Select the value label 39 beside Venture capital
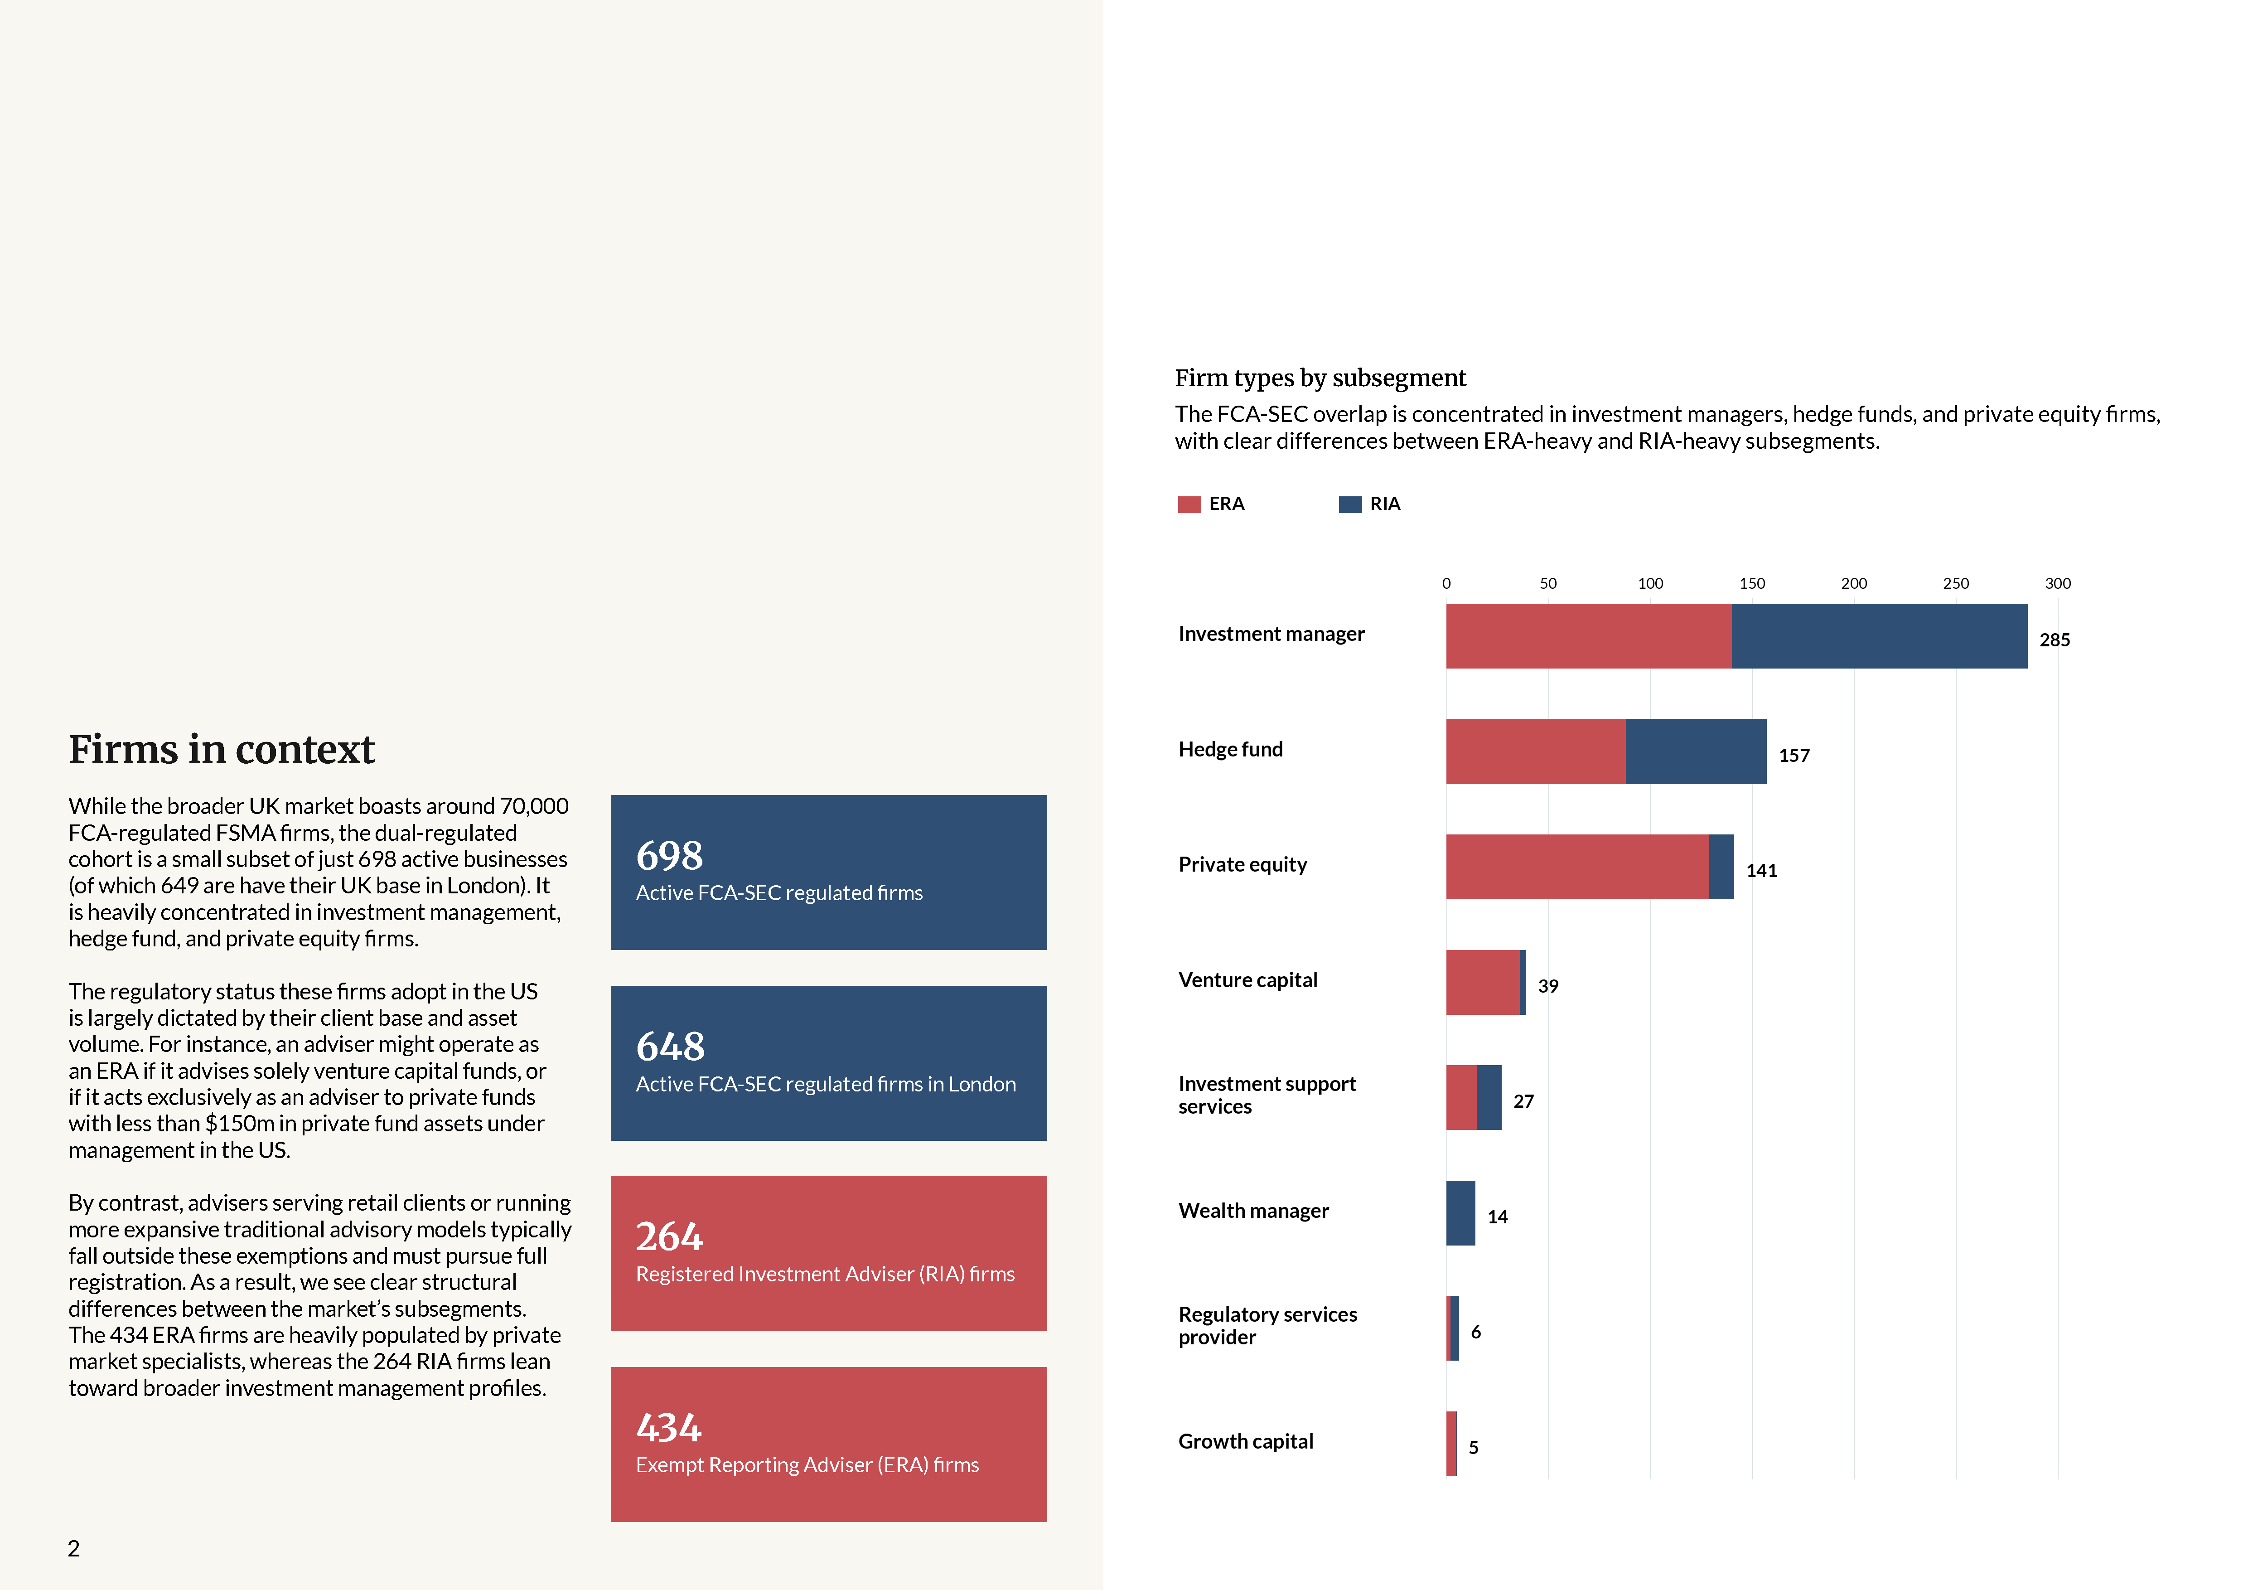click(1547, 986)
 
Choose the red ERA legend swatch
click(1189, 504)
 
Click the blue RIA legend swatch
click(1349, 504)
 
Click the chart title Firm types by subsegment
click(1320, 378)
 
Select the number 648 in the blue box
click(670, 1047)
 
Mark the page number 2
click(73, 1548)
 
